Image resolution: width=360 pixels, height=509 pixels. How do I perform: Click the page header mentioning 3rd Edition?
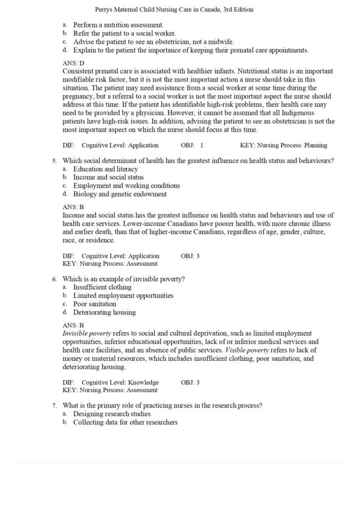tap(174, 10)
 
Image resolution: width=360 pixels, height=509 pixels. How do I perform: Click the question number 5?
tap(54, 160)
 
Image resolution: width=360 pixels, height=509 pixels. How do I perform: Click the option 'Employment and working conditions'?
tap(126, 186)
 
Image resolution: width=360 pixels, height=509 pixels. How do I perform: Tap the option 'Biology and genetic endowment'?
tap(120, 194)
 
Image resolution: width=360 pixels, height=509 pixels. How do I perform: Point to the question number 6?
tap(54, 279)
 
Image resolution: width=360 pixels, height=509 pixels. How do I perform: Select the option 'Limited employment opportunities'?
tap(123, 296)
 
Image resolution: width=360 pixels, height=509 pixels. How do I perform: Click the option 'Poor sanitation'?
tap(95, 304)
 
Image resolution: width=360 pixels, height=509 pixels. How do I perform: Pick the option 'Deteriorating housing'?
tap(104, 312)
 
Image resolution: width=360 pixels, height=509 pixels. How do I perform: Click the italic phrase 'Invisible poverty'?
tap(85, 333)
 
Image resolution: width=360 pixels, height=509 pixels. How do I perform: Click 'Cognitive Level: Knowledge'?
tap(120, 382)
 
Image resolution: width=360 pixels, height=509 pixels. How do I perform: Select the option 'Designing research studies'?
tap(112, 414)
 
